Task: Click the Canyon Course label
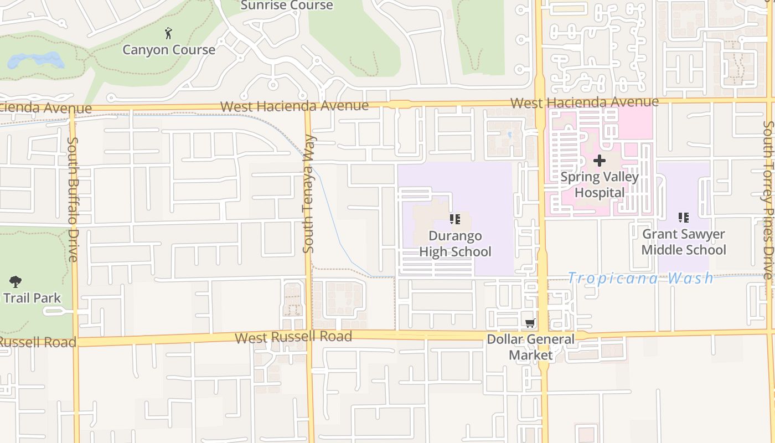point(169,50)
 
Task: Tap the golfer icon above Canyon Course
point(169,34)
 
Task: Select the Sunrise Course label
point(287,6)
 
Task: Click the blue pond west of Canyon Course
point(34,60)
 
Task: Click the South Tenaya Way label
point(309,194)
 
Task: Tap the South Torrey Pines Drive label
point(767,199)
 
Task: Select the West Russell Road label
point(293,337)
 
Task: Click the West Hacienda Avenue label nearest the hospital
point(585,102)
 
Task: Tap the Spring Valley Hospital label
point(600,185)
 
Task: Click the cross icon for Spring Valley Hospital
point(600,161)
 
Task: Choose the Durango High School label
point(455,244)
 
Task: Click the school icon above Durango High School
point(455,219)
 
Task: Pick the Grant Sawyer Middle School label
point(684,242)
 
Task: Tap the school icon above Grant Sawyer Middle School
point(684,218)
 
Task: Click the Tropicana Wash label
point(640,278)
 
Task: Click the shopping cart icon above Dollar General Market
point(530,323)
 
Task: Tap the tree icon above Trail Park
point(15,281)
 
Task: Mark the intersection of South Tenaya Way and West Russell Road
point(309,337)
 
